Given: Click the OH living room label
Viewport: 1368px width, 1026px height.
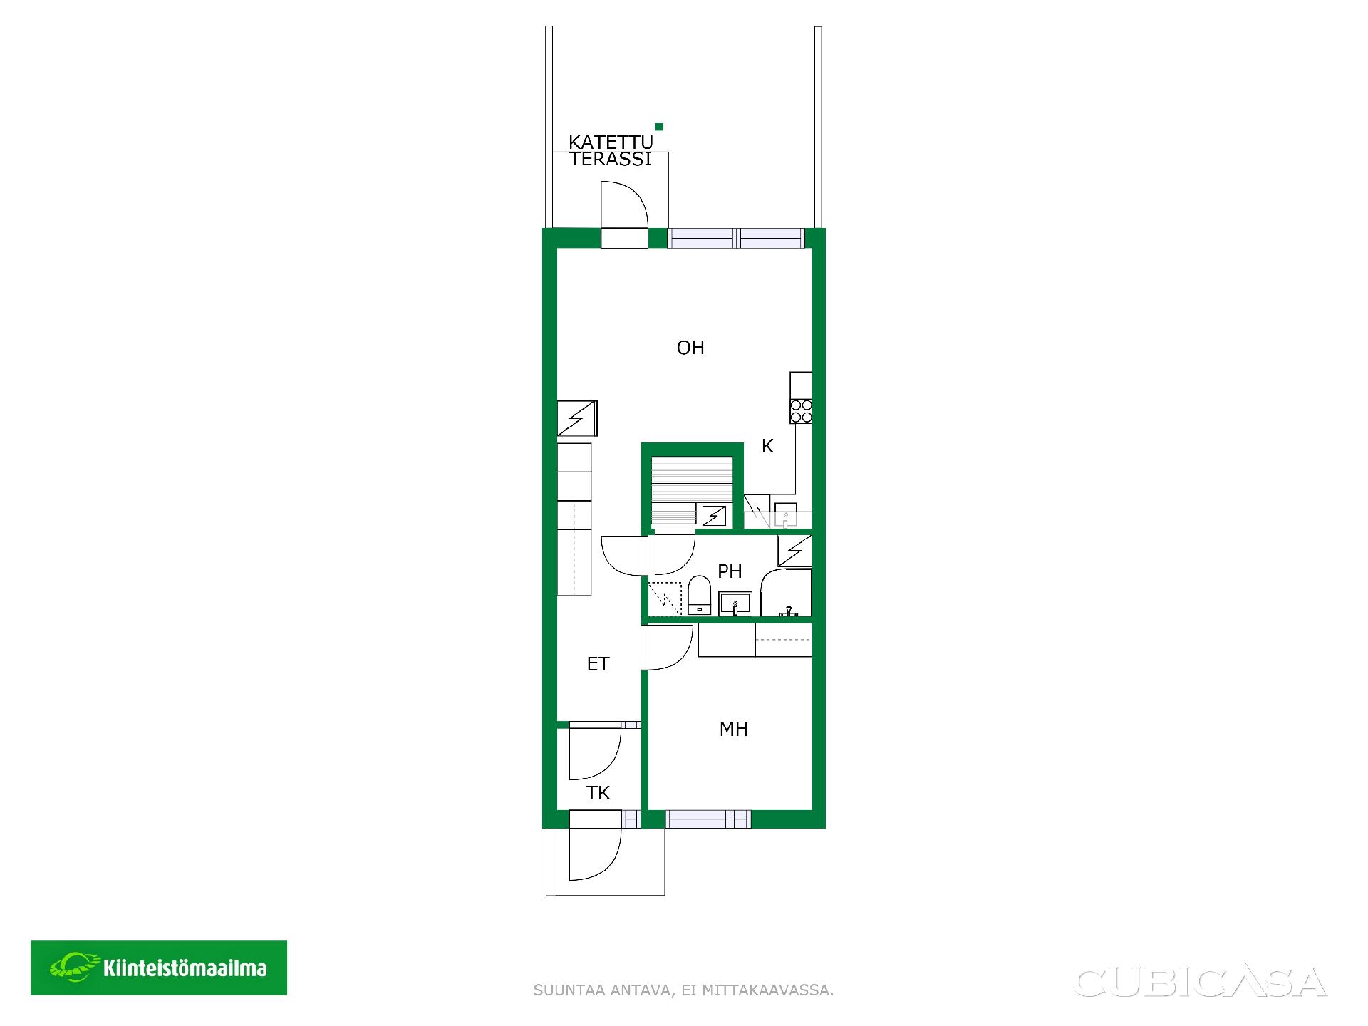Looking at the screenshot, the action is click(690, 348).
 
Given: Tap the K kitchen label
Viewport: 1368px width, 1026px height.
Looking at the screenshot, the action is click(767, 446).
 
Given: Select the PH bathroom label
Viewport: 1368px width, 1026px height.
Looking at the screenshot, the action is click(730, 571).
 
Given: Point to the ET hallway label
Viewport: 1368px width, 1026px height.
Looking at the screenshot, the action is click(598, 664).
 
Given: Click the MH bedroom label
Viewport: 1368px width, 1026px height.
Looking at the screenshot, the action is click(734, 730).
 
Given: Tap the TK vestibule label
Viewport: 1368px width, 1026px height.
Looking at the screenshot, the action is click(598, 794).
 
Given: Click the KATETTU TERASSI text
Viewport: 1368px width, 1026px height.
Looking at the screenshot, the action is click(611, 151).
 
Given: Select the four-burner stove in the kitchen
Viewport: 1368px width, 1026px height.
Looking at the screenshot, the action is click(802, 412).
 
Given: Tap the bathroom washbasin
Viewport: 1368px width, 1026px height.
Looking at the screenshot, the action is click(735, 603).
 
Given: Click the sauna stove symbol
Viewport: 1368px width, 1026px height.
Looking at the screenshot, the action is click(714, 515).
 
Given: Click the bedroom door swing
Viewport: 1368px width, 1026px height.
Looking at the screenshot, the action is click(668, 648).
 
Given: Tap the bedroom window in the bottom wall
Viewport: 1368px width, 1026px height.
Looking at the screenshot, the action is click(708, 819).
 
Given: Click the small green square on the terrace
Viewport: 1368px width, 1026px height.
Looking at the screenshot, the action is click(659, 127).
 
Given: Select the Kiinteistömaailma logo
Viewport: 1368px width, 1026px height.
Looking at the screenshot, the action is click(159, 968).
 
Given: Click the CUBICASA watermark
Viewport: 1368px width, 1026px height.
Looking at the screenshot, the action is click(1201, 981).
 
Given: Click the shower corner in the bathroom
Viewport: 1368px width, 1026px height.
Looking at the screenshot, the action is click(787, 593).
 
